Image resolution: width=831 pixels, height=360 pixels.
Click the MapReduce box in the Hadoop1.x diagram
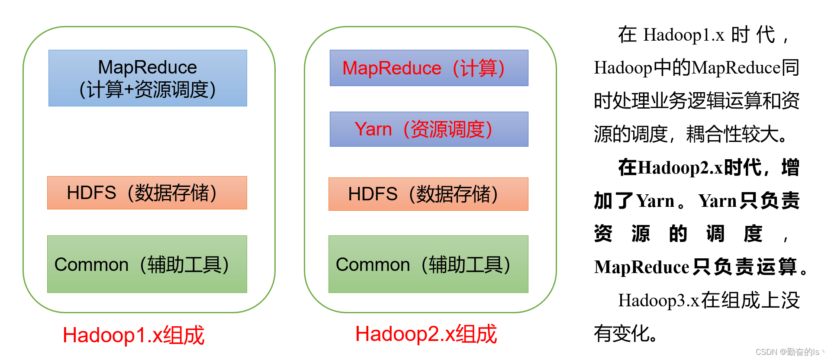click(x=148, y=78)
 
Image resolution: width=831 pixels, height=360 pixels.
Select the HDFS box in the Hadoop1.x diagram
click(x=147, y=193)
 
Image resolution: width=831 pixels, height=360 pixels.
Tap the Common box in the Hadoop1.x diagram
click(x=147, y=264)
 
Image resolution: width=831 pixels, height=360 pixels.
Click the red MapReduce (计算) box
click(x=428, y=68)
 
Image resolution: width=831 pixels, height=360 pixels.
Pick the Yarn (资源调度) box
click(x=428, y=129)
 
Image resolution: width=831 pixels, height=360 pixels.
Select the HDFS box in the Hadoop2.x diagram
click(x=428, y=194)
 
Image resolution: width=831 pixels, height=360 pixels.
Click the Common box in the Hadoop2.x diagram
click(x=428, y=264)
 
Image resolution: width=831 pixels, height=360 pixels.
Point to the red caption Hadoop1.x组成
click(x=133, y=335)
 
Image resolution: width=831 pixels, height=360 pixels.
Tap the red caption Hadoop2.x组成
click(x=426, y=334)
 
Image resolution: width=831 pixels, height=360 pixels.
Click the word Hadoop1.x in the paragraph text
click(x=684, y=35)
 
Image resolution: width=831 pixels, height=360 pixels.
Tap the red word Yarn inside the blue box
click(x=373, y=129)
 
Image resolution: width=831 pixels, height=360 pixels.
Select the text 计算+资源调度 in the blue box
click(x=148, y=90)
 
